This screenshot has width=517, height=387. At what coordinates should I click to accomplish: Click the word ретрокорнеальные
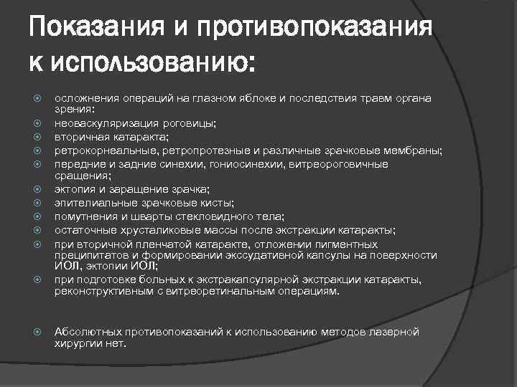pos(100,150)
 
